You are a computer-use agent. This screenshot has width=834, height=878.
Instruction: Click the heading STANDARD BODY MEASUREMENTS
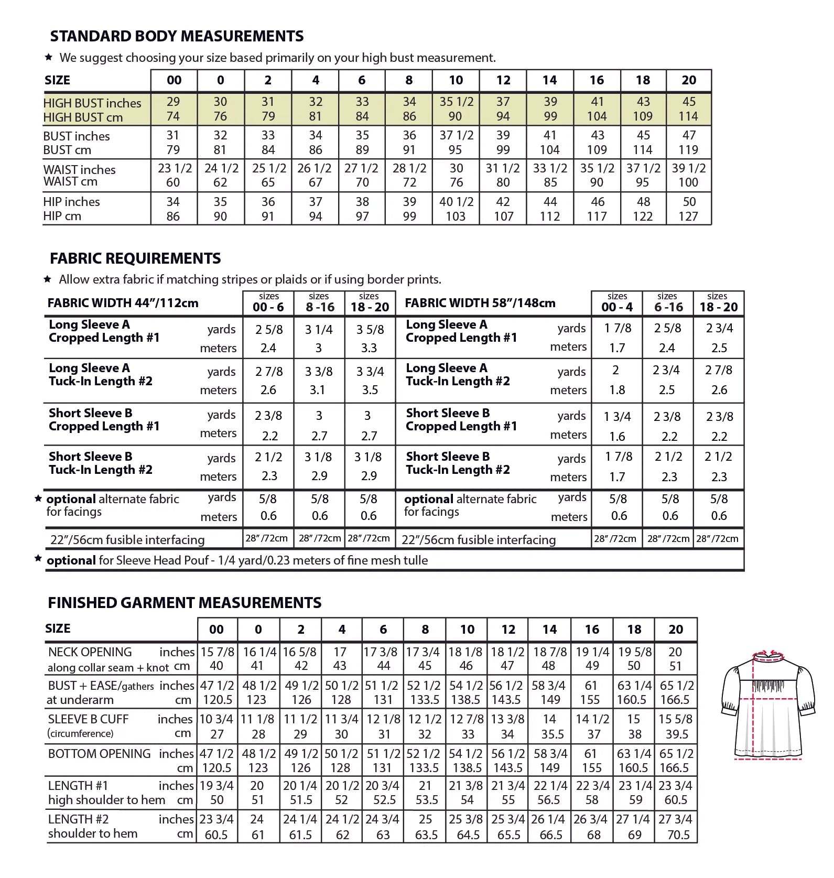click(x=177, y=36)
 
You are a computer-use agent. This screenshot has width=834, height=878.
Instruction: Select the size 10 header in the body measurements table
click(x=456, y=80)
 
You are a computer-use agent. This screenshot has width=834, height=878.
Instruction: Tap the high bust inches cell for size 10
click(x=456, y=102)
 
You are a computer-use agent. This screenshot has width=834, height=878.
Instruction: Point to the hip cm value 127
click(x=688, y=216)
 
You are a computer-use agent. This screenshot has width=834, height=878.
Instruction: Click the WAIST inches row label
click(x=80, y=170)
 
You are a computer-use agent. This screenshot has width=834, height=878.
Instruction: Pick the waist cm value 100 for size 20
click(x=688, y=182)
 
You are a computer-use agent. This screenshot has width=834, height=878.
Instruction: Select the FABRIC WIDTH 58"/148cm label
click(x=480, y=303)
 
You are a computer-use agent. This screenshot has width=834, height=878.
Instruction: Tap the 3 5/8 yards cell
click(x=370, y=330)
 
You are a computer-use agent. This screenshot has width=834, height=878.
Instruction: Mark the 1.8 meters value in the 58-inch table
click(x=617, y=390)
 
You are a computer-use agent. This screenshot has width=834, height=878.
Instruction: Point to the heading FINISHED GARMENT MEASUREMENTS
click(x=185, y=603)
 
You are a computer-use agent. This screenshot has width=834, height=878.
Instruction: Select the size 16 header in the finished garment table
click(x=592, y=630)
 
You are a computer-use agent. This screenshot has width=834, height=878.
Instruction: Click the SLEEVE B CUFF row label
click(x=88, y=719)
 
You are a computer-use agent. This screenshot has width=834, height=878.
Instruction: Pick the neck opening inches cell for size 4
click(x=340, y=652)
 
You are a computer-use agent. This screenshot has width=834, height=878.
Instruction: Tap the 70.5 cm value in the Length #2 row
click(x=678, y=834)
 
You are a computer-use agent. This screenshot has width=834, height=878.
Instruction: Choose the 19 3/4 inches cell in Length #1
click(x=216, y=786)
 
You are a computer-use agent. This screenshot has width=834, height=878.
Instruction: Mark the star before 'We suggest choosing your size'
click(x=48, y=57)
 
